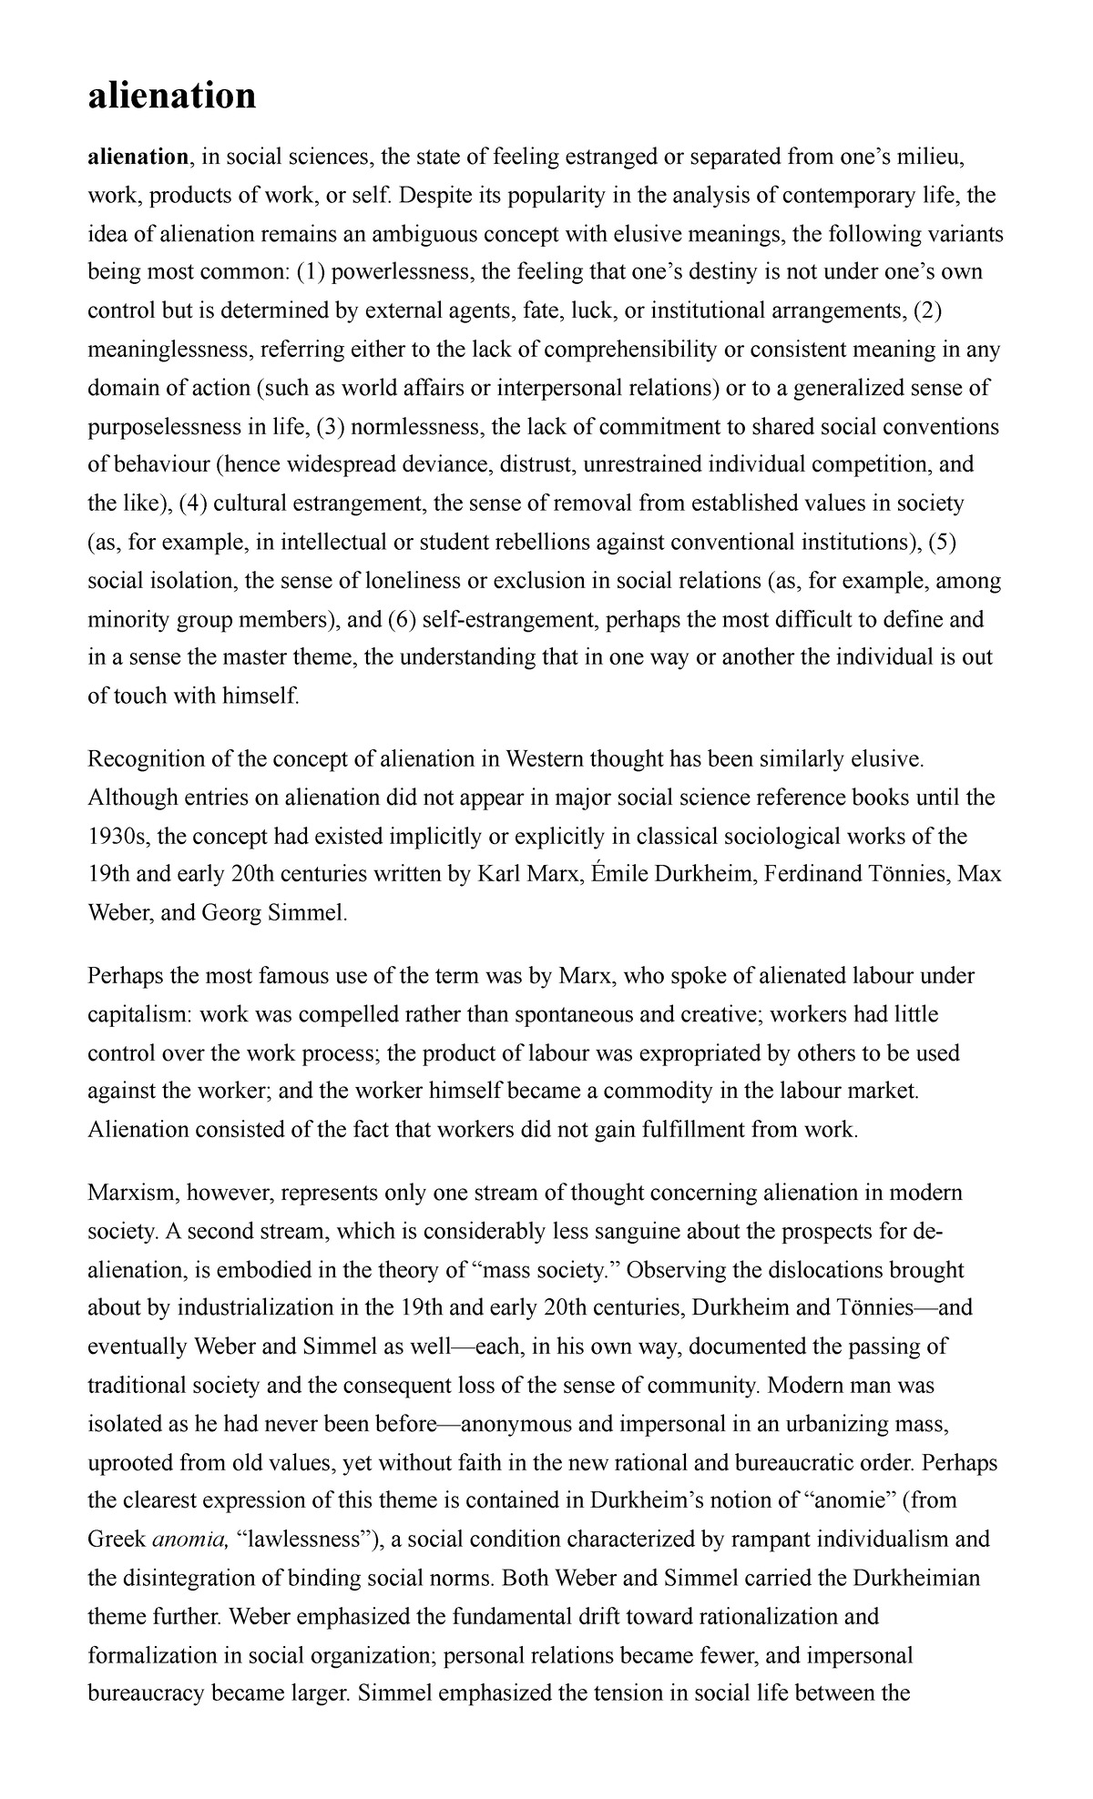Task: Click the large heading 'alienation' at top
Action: tap(171, 95)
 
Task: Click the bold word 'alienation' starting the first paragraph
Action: tap(137, 158)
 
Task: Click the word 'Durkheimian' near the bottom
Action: tap(918, 1579)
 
